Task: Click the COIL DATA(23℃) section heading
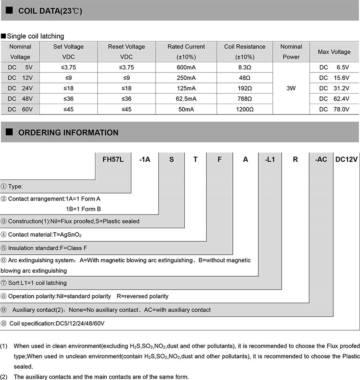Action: point(50,11)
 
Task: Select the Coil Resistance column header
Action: point(244,52)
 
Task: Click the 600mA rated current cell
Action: point(186,67)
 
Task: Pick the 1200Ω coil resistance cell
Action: point(244,109)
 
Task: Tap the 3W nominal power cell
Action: point(291,88)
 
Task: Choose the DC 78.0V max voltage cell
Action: point(334,109)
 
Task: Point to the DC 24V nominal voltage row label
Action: point(20,88)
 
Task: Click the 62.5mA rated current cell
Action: point(186,99)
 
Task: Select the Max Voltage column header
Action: point(334,52)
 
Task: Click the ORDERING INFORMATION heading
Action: point(68,133)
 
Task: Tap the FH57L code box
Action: point(113,159)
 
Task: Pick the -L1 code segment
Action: point(270,159)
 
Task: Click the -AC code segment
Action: point(321,159)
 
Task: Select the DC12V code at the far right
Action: point(346,159)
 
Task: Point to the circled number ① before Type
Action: point(4,187)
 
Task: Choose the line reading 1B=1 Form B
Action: point(83,209)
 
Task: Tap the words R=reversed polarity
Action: point(142,296)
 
